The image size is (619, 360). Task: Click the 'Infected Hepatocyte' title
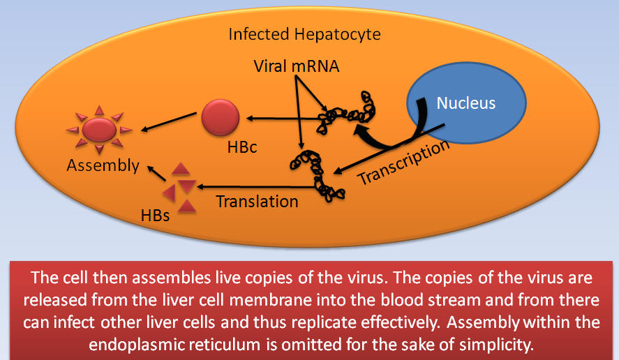coord(304,34)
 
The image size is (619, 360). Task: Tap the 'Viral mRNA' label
coord(297,66)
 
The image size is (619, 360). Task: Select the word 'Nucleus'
coord(466,103)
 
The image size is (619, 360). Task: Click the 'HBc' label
coord(242,147)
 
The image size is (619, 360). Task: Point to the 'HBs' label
coord(155,216)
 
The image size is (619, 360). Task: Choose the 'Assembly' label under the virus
coord(103,165)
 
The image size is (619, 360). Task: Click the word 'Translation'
coord(257,202)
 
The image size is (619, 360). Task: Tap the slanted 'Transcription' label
coord(403,163)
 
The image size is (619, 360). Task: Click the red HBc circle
coord(221,118)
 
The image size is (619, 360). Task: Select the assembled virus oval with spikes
coord(99,130)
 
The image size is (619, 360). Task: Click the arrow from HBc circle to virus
coord(169,121)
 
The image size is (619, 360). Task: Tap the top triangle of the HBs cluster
coord(181,169)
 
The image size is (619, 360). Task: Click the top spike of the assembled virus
coord(100,110)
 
